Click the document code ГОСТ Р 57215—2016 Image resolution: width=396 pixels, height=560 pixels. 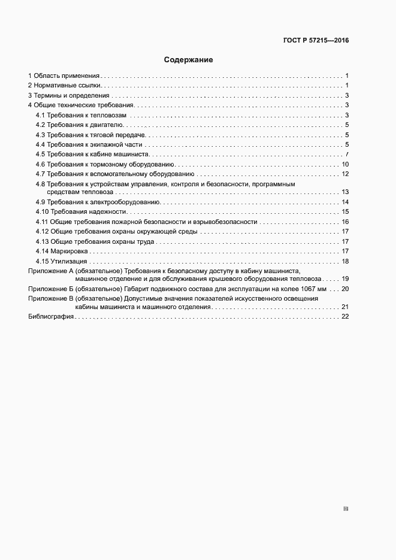[315, 41]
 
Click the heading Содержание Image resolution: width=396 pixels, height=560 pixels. [189, 60]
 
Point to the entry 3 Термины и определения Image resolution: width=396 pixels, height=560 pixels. [69, 96]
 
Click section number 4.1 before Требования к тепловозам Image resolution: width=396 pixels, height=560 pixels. [40, 115]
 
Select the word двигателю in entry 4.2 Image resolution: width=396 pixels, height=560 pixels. [107, 125]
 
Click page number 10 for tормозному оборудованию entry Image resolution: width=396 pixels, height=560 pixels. [345, 164]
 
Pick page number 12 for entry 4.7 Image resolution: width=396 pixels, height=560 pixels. [345, 174]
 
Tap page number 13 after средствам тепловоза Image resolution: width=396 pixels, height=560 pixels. [345, 192]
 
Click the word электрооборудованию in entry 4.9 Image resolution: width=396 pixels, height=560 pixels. [123, 202]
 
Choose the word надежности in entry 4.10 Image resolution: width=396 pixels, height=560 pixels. [110, 212]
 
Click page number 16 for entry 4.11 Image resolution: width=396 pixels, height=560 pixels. [345, 222]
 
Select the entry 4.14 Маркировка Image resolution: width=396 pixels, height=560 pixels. [62, 251]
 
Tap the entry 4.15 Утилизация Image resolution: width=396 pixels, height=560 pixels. [62, 261]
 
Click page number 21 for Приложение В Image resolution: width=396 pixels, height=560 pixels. [345, 307]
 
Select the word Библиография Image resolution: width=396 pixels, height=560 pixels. [51, 317]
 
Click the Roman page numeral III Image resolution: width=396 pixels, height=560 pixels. [346, 509]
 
